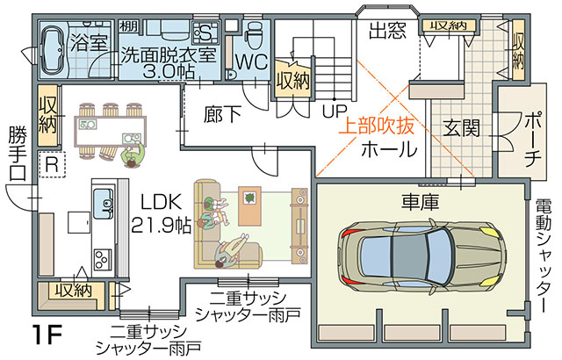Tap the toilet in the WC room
point(256,35)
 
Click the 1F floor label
point(47,334)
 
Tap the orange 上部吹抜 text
point(377,126)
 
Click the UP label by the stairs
point(335,112)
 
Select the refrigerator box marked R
point(52,164)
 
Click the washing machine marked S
point(205,32)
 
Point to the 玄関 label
point(461,128)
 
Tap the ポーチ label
point(533,140)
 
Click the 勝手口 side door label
point(18,153)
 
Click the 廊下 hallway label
point(222,115)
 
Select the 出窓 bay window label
point(387,31)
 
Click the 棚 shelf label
point(129,25)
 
